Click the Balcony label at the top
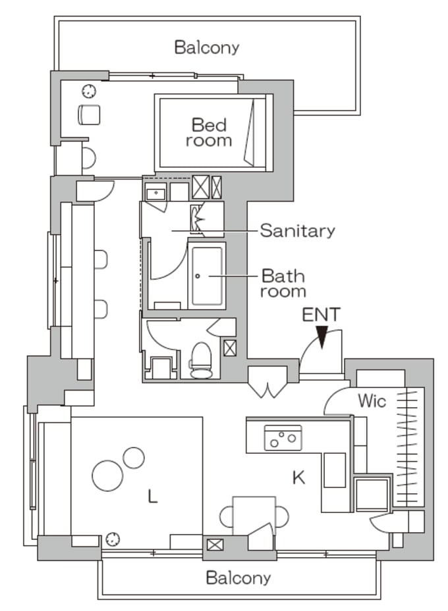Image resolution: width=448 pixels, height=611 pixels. (206, 47)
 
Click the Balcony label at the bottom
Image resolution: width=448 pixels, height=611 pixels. (238, 578)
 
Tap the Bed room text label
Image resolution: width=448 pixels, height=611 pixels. (209, 132)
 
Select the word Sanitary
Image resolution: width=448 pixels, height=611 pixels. (297, 230)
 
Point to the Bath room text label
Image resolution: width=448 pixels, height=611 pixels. (284, 283)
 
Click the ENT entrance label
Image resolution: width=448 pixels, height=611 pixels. (321, 314)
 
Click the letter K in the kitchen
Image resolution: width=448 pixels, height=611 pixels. (299, 477)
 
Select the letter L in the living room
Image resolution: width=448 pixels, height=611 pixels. (153, 497)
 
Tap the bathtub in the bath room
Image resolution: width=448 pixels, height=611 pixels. (208, 276)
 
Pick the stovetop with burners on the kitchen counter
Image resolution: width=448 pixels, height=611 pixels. (283, 437)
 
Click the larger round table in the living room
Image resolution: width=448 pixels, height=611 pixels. (107, 475)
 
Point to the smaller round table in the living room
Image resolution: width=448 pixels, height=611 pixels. (133, 457)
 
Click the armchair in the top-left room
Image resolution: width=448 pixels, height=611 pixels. (88, 114)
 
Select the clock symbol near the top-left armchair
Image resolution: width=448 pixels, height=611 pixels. (88, 91)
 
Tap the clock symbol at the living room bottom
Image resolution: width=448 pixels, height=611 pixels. (113, 539)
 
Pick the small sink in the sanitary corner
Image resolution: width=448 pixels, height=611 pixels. (155, 193)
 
